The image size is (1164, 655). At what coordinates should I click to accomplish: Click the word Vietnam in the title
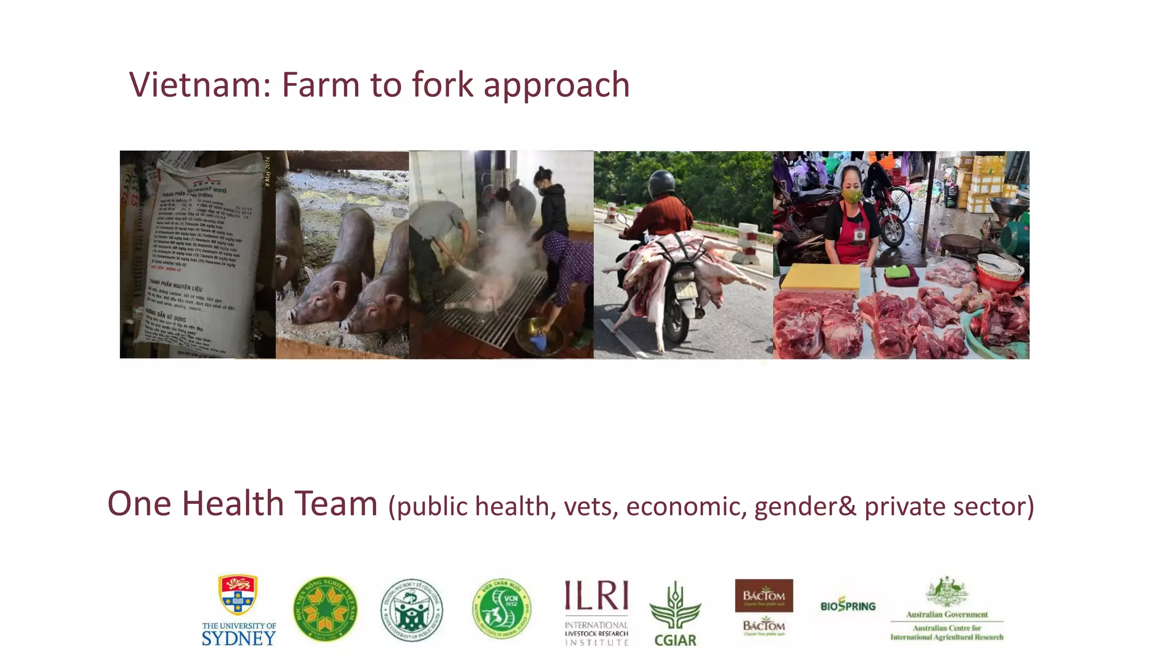[196, 85]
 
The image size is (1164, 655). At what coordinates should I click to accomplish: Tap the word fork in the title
[442, 85]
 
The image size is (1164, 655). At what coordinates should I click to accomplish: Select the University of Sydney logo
[239, 610]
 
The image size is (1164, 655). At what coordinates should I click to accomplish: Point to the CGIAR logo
[675, 615]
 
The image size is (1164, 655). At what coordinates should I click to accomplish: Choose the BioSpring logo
[847, 606]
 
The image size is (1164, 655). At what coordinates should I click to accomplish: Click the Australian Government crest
[946, 592]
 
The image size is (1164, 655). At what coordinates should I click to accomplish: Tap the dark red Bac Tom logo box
[764, 595]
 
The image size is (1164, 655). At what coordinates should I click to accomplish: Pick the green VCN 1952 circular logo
[502, 609]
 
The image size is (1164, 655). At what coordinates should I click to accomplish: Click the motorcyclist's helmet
[662, 183]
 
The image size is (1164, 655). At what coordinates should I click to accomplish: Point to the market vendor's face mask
[852, 196]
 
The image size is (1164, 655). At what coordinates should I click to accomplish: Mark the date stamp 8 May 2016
[268, 171]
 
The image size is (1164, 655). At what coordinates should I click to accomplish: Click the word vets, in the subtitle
[591, 506]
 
